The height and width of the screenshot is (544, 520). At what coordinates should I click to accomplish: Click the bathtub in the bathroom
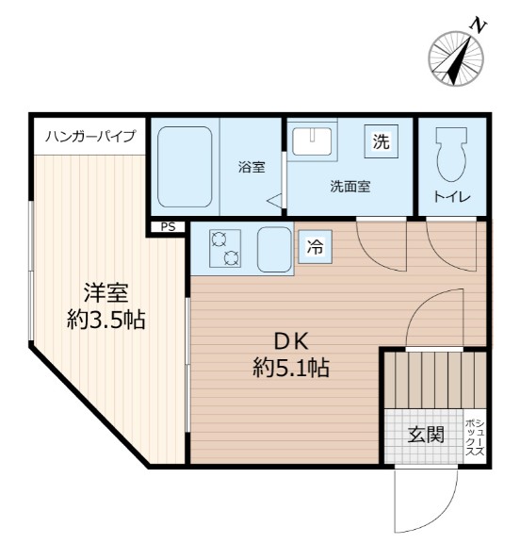click(x=184, y=166)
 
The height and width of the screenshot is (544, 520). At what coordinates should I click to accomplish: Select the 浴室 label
click(x=251, y=168)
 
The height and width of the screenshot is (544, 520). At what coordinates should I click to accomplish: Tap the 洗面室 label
click(x=349, y=187)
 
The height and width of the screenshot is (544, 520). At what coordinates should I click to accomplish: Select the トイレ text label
click(x=451, y=197)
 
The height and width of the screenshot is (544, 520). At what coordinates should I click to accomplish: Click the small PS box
click(x=168, y=226)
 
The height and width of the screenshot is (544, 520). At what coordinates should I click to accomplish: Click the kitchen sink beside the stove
click(x=275, y=248)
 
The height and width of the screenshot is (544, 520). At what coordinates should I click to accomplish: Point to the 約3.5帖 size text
click(x=105, y=320)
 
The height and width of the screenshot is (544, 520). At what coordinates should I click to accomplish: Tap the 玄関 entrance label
click(x=426, y=435)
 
